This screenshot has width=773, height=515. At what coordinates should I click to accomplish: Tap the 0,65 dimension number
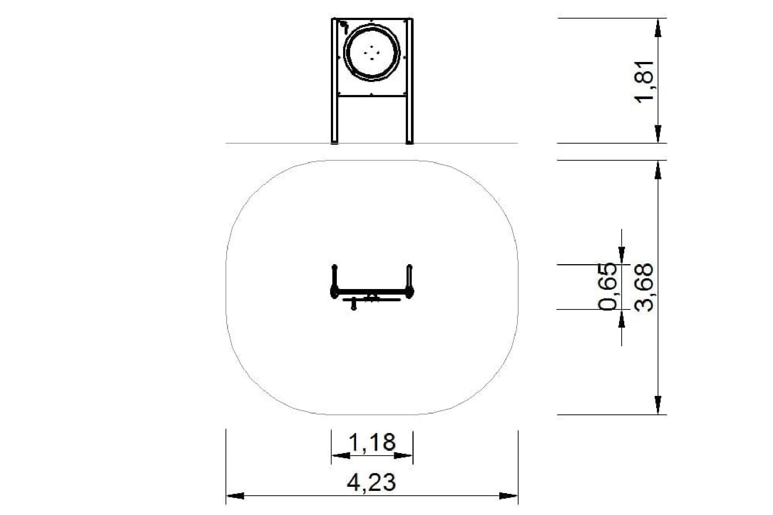(x=609, y=286)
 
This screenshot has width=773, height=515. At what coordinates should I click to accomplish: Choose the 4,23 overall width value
(x=371, y=482)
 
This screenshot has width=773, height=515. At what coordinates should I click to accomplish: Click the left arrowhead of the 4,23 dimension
(x=235, y=496)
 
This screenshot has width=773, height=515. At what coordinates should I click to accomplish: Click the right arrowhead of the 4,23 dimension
(x=509, y=496)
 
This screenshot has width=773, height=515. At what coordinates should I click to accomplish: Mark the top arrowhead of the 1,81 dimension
(x=658, y=27)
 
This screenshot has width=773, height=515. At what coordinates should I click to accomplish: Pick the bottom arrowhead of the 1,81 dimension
(x=658, y=134)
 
